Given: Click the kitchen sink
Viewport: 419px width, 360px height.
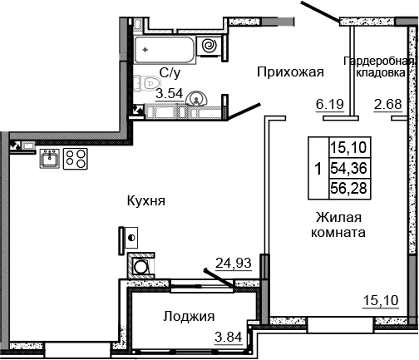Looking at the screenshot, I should point(48,158).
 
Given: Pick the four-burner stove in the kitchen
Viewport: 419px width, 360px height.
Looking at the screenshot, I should point(76,158).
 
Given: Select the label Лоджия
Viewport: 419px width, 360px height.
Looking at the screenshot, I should point(189,316).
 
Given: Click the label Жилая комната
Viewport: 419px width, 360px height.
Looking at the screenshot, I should point(339,225).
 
